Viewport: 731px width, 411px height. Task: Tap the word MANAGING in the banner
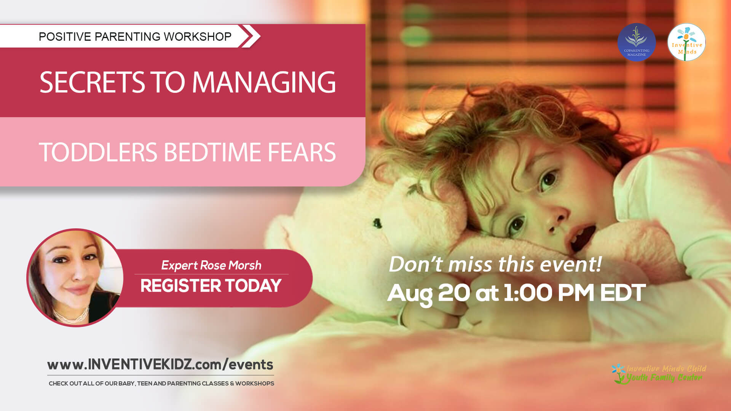pyautogui.click(x=263, y=82)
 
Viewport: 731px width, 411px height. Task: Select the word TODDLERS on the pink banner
pyautogui.click(x=98, y=152)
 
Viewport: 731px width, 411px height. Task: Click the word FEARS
pyautogui.click(x=302, y=152)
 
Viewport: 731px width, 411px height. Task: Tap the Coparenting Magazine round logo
pyautogui.click(x=636, y=42)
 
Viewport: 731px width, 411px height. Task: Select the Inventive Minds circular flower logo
pyautogui.click(x=686, y=42)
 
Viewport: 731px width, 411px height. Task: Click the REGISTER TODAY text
pyautogui.click(x=211, y=286)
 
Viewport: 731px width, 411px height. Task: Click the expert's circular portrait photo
pyautogui.click(x=75, y=277)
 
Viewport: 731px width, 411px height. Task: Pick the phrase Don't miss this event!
pyautogui.click(x=495, y=264)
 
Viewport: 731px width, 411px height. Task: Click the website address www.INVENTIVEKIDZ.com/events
pyautogui.click(x=160, y=365)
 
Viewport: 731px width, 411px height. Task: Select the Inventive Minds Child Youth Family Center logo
pyautogui.click(x=659, y=373)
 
